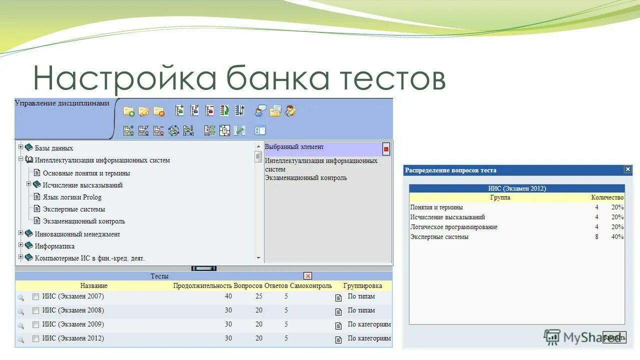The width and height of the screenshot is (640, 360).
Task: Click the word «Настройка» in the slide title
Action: (124, 78)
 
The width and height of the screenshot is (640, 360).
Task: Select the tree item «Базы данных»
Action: (53, 148)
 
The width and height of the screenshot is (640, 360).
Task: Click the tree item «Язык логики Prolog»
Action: (72, 197)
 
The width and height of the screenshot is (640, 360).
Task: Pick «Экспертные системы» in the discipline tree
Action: (73, 209)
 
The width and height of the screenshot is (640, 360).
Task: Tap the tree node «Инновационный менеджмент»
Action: (77, 234)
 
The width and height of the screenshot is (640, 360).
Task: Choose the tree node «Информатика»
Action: (54, 246)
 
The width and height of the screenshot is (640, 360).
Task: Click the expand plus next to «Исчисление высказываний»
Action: (29, 184)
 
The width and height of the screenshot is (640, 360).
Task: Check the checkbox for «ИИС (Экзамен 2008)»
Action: (35, 310)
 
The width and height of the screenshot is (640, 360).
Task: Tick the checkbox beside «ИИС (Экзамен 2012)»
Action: (35, 338)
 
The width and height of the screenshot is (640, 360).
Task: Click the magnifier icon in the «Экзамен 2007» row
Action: (20, 297)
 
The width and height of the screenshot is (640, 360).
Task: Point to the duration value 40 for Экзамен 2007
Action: (228, 296)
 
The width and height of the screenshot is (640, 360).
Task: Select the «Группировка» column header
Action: (362, 286)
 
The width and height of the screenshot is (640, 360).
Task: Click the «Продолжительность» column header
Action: (202, 286)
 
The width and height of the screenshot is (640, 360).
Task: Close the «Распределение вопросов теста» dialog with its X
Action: (627, 169)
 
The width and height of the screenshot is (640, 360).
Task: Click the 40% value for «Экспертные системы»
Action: (617, 237)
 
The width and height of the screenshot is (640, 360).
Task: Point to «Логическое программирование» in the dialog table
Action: (453, 227)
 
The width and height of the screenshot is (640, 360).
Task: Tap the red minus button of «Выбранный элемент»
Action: (386, 149)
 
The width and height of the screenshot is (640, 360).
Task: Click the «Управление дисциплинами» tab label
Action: (62, 103)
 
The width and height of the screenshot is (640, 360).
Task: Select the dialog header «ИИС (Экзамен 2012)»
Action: (516, 188)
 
